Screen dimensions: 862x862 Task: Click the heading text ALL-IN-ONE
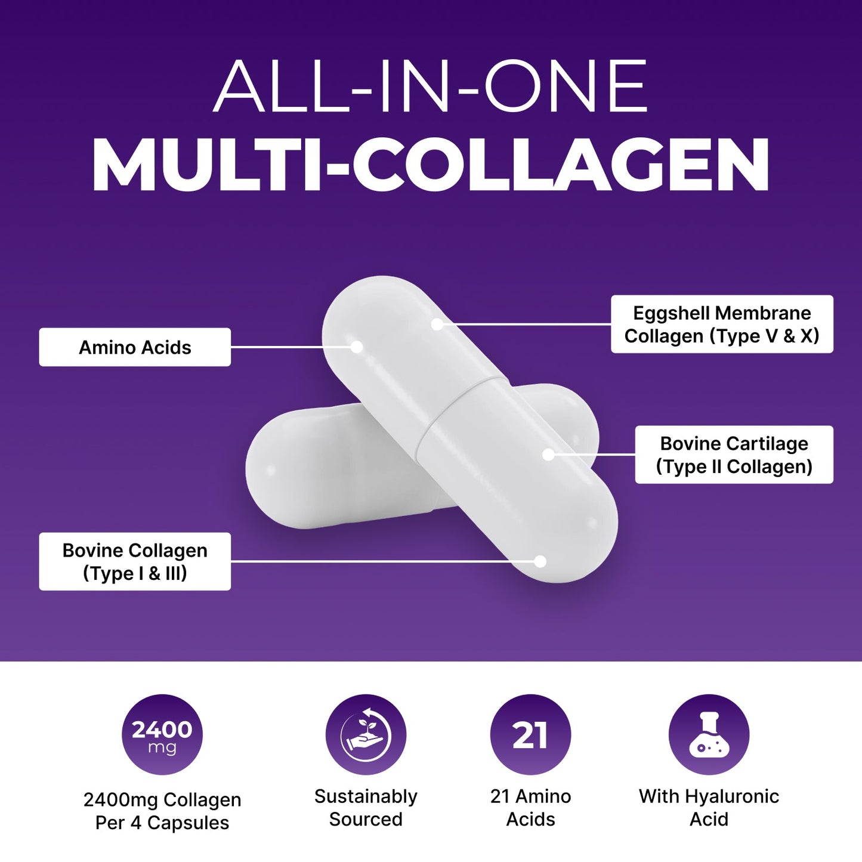click(431, 86)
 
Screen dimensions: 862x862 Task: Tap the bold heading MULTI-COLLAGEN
click(431, 165)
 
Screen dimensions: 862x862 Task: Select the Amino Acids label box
click(135, 347)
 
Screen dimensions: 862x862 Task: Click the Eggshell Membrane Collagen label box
click(722, 325)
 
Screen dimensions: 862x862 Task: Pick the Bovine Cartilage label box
click(734, 455)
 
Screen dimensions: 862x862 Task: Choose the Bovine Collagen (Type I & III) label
click(135, 561)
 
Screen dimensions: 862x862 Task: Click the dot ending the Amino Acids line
click(357, 347)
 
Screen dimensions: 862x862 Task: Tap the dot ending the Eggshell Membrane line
click(437, 324)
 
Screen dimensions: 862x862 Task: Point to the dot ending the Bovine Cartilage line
click(549, 455)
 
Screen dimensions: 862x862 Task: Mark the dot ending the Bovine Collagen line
click(540, 561)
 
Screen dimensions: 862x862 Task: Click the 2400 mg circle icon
click(162, 734)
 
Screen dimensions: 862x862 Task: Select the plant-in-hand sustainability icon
click(366, 734)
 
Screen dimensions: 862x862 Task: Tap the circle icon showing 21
click(530, 734)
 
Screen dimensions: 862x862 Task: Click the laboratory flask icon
click(709, 734)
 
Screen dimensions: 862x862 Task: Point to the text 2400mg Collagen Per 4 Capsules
click(162, 811)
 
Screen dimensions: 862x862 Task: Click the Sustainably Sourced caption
click(366, 808)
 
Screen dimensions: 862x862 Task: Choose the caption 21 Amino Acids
click(530, 808)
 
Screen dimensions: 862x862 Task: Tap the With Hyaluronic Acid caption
click(709, 808)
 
